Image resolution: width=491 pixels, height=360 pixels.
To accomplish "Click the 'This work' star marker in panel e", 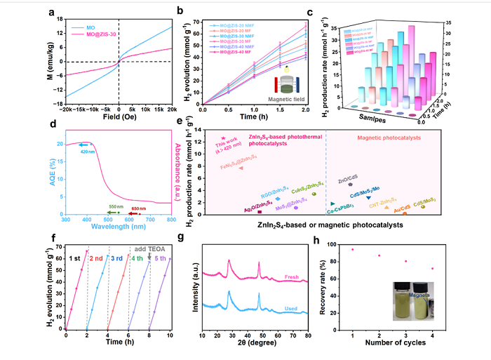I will tap(223, 139).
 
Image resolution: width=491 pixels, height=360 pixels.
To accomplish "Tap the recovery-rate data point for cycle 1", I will tap(352, 249).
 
